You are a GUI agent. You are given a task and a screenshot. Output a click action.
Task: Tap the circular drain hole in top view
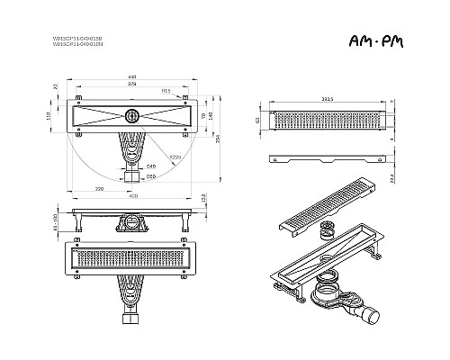click(132, 114)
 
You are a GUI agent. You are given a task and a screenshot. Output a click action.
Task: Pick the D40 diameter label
click(150, 166)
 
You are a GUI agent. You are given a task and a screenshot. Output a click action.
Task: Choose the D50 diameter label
click(151, 177)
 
